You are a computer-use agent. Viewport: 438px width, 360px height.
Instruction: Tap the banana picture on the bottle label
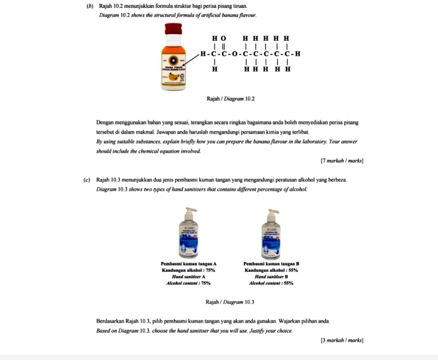click(x=174, y=76)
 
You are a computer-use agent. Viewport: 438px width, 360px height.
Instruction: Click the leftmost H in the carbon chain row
click(x=205, y=53)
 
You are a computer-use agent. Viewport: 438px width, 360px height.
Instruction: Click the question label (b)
click(x=90, y=6)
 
